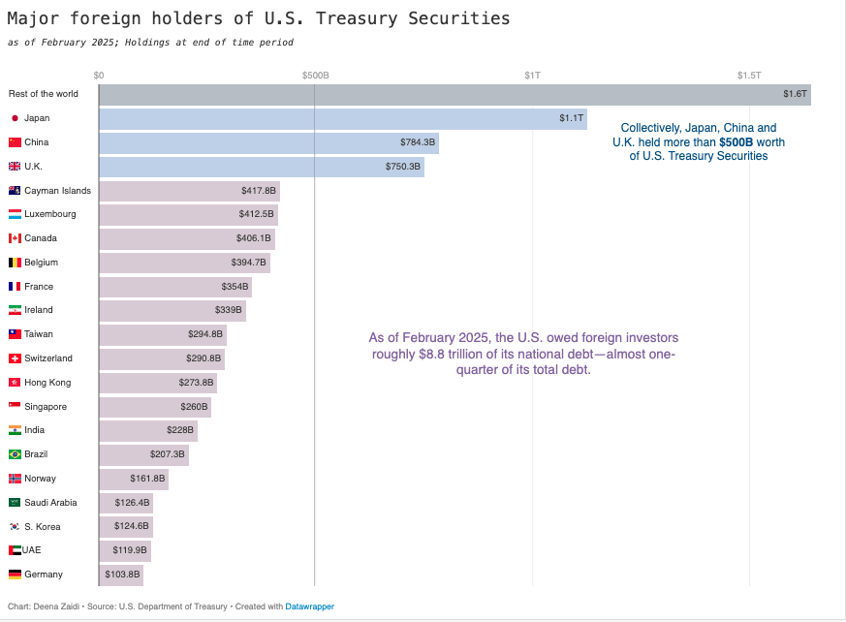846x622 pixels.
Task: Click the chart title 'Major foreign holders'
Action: [x=258, y=18]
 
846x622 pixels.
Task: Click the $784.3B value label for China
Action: [x=418, y=142]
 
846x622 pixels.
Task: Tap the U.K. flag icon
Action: [x=15, y=167]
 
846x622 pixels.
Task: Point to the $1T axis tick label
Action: [x=532, y=75]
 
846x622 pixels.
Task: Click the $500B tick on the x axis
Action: [x=315, y=75]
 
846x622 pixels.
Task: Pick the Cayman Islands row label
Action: [x=57, y=191]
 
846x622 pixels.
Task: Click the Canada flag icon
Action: [x=15, y=238]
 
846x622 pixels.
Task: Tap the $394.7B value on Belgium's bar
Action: [x=248, y=263]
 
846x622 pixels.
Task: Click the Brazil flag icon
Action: [x=15, y=454]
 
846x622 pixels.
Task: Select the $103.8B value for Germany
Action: [x=122, y=575]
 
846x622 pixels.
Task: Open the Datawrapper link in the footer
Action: [x=309, y=606]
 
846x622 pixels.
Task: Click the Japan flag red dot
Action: [x=15, y=118]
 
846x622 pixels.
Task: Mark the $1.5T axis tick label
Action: [x=748, y=75]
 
